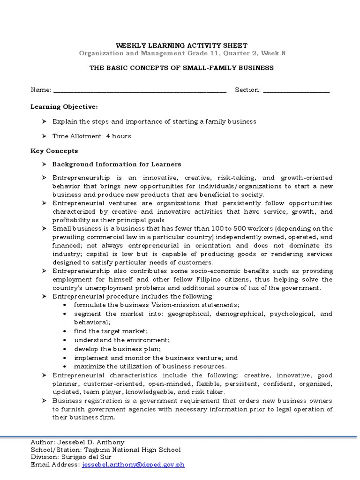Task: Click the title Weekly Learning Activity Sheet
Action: tap(181, 45)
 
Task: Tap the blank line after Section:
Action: tap(296, 90)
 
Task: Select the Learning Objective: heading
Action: tap(64, 107)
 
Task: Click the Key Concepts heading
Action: tap(54, 151)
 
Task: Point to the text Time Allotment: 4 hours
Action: tap(91, 136)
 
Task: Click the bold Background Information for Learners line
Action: tap(116, 165)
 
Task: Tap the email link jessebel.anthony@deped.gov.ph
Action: tap(134, 465)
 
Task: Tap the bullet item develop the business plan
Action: tap(117, 349)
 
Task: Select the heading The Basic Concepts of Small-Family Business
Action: tap(181, 68)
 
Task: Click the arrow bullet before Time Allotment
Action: tap(43, 136)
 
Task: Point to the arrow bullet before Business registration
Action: tap(43, 401)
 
